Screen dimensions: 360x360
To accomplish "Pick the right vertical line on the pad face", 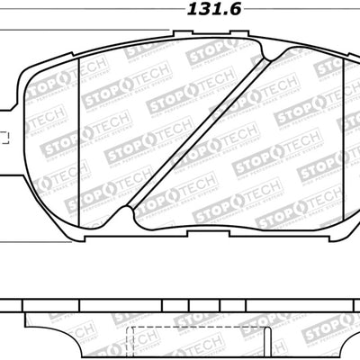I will tap(335, 135).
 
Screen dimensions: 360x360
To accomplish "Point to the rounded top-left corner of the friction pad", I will tap(36, 67).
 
